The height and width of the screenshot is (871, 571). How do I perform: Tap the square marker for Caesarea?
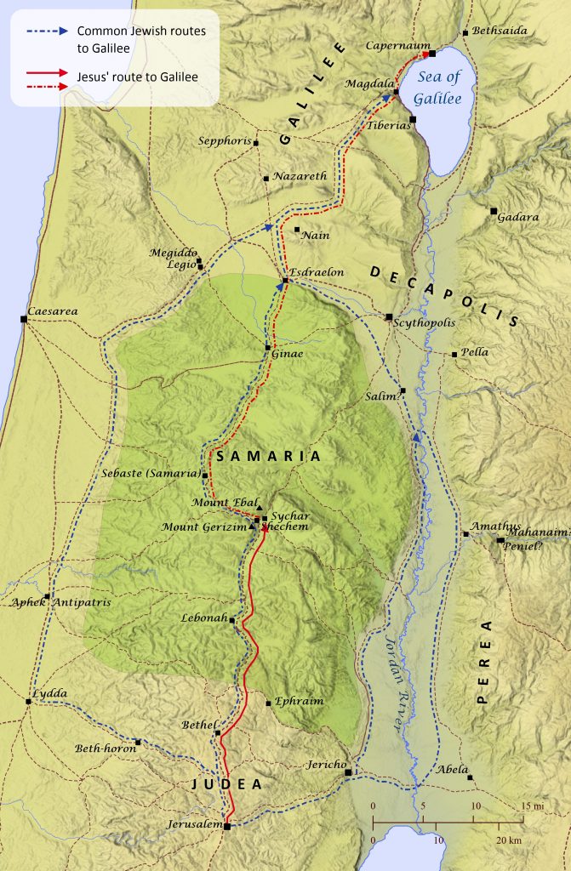(24, 319)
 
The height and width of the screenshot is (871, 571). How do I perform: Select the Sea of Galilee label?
(442, 88)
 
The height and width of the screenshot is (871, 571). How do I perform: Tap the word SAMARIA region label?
(269, 457)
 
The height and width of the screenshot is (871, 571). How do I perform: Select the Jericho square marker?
(348, 772)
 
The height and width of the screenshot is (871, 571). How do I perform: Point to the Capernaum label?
(393, 45)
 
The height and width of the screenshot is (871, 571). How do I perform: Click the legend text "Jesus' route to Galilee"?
(137, 77)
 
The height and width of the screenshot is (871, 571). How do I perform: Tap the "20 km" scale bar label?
(507, 840)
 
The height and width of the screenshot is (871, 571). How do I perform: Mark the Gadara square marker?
(494, 210)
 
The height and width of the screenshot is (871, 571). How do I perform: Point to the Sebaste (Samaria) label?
(150, 473)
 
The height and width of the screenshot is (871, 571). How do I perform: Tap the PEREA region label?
(484, 663)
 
